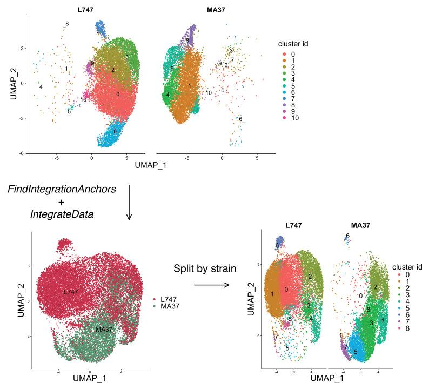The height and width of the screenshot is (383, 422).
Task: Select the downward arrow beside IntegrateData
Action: tap(129, 203)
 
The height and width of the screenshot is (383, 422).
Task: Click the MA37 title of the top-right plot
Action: tap(202, 9)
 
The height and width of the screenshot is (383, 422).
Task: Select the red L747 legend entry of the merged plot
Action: tap(155, 298)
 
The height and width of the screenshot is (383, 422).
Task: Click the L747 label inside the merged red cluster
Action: tap(71, 292)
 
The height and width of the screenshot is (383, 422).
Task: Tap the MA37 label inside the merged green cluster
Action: tap(104, 329)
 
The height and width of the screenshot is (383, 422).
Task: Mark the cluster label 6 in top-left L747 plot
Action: tap(115, 131)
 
